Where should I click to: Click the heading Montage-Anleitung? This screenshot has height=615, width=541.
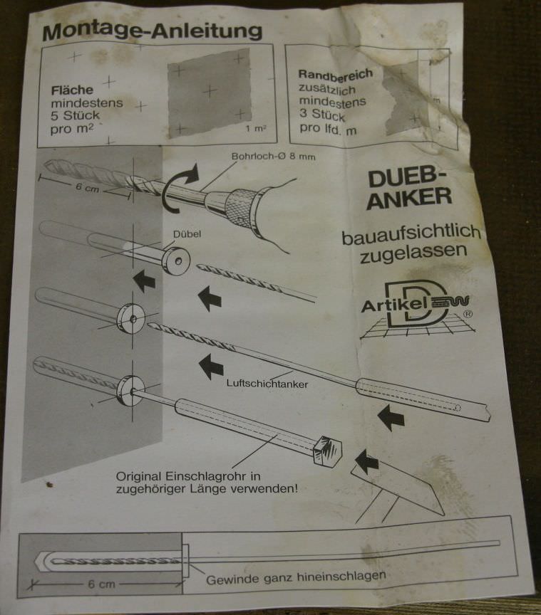[152, 32]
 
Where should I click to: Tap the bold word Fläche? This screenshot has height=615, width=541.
[71, 91]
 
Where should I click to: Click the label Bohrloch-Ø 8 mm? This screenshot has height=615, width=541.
[263, 157]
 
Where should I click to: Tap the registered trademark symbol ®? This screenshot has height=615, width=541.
[468, 312]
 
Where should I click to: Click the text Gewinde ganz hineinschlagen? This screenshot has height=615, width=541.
[296, 577]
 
